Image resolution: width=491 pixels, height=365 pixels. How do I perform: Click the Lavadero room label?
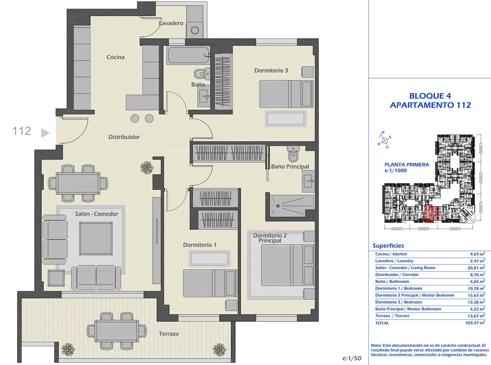tap(171, 23)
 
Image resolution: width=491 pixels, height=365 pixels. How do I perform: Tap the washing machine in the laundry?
tap(195, 30)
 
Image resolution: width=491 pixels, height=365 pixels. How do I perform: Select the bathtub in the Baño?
tap(188, 55)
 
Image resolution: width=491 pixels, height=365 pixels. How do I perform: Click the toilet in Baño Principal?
tap(293, 153)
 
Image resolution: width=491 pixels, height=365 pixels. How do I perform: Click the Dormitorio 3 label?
tap(271, 71)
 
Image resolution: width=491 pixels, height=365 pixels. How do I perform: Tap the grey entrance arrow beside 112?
tap(45, 133)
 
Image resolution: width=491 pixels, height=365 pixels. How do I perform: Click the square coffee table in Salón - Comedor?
tap(96, 239)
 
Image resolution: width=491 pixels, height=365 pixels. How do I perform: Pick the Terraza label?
tap(168, 334)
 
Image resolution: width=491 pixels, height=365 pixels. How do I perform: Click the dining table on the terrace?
tap(116, 331)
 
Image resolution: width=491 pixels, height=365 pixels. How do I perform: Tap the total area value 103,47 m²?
tap(475, 323)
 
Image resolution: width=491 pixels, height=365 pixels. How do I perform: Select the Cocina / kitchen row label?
tap(391, 254)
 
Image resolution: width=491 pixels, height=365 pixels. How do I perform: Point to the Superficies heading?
tap(388, 246)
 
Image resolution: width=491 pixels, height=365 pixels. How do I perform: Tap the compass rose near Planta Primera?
tap(385, 140)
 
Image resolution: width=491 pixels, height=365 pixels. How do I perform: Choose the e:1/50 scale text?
tap(352, 358)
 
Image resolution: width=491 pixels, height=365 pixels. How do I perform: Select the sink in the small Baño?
tap(204, 97)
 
